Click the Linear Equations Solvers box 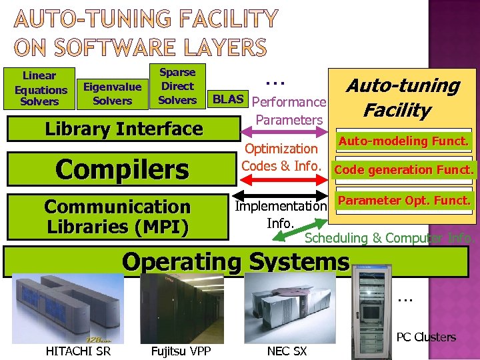41,89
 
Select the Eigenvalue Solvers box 112,93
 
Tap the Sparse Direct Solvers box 177,86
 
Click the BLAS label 227,99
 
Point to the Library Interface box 123,129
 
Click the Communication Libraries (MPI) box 117,216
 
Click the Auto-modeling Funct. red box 404,141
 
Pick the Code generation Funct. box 404,170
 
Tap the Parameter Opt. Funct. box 404,200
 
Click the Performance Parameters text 290,111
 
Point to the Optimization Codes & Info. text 281,157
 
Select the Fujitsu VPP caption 177,351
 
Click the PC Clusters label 426,337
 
